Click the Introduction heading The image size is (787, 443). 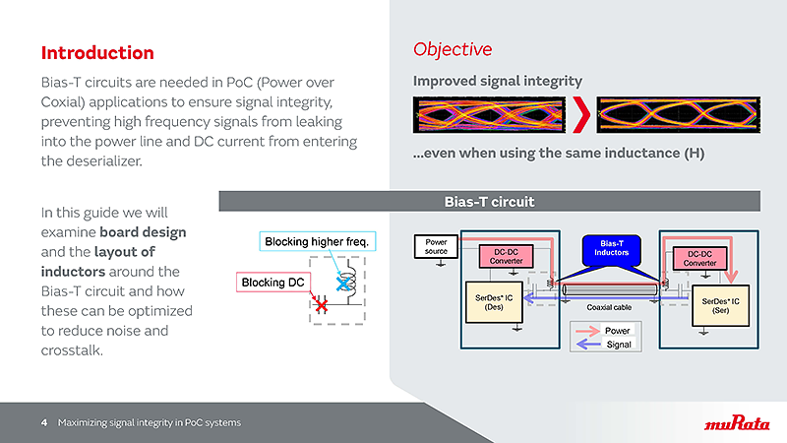97,52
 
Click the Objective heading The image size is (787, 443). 453,49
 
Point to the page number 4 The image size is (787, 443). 44,423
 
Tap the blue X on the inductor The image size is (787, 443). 344,283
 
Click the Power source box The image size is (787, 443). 436,245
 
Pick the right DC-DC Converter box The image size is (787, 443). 700,258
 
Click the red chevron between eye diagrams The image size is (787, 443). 582,116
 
